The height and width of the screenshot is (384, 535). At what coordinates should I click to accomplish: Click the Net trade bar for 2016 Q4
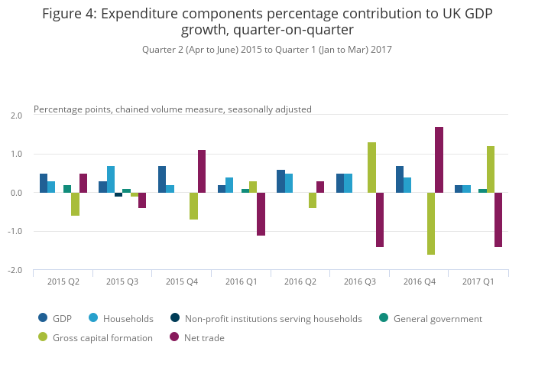point(439,160)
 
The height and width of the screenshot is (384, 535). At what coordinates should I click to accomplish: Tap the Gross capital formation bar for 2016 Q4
point(431,223)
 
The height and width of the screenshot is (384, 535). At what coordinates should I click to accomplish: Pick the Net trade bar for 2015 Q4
point(202,171)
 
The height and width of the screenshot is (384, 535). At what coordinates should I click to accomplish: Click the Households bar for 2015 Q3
point(111,179)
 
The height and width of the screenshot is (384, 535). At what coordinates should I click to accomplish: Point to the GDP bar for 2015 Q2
point(44,183)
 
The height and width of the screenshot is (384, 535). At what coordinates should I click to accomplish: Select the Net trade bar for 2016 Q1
point(261,214)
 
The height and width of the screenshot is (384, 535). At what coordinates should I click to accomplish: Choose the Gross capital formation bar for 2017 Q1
point(491,169)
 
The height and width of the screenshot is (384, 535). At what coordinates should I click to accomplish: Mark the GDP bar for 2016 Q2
point(281,181)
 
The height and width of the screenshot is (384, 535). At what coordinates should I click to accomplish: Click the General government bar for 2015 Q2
point(67,189)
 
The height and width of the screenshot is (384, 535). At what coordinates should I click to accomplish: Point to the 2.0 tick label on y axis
point(17,116)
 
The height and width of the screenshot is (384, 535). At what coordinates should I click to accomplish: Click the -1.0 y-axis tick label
point(16,232)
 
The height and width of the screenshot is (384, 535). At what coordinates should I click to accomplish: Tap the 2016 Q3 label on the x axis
point(360,281)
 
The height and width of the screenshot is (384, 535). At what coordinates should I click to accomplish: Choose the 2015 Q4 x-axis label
point(182,281)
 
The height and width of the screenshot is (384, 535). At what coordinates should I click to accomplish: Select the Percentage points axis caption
point(173,109)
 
